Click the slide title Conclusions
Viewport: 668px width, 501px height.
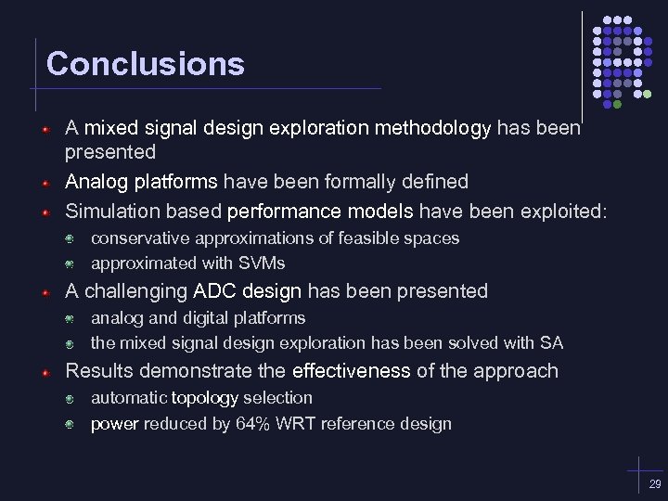(x=145, y=64)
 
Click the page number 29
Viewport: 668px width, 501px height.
(x=655, y=484)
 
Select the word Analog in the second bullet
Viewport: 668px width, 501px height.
(x=96, y=181)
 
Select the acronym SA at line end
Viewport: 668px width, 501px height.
(x=551, y=343)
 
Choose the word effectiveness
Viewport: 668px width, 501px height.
(x=351, y=371)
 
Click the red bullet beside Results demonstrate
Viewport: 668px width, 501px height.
(x=45, y=372)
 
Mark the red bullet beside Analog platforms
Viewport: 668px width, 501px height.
(x=45, y=183)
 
